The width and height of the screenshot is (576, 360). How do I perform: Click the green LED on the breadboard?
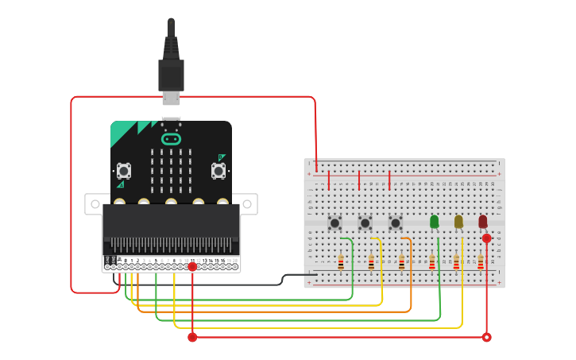pyautogui.click(x=434, y=222)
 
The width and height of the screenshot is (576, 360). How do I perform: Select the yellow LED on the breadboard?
pyautogui.click(x=458, y=222)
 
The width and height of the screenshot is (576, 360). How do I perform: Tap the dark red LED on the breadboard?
pyautogui.click(x=483, y=222)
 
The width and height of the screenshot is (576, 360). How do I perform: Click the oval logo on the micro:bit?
pyautogui.click(x=171, y=139)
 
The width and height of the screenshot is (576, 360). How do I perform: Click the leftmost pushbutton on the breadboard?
pyautogui.click(x=334, y=223)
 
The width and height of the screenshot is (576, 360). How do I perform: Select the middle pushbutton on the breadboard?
pyautogui.click(x=365, y=223)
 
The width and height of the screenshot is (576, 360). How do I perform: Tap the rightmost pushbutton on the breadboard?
pyautogui.click(x=395, y=223)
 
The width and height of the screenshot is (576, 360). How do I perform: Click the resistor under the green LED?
pyautogui.click(x=432, y=262)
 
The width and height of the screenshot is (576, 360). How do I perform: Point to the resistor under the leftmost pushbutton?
pyautogui.click(x=341, y=262)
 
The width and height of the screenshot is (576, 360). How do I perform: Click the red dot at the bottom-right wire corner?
pyautogui.click(x=486, y=337)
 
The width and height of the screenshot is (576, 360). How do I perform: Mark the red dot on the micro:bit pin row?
pyautogui.click(x=192, y=266)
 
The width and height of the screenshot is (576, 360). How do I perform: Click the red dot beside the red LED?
pyautogui.click(x=486, y=238)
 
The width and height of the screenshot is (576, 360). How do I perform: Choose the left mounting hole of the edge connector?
pyautogui.click(x=95, y=204)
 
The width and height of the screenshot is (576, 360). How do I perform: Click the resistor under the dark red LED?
pyautogui.click(x=480, y=262)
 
